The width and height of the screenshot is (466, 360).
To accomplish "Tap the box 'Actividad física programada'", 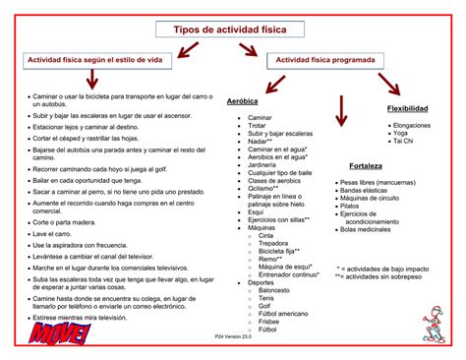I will pos(324,60).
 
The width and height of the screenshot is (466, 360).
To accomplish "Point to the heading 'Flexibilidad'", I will pos(407,108).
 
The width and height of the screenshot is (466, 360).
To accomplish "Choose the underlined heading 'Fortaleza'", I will pos(366,165).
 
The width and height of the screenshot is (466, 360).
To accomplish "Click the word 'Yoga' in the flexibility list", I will pos(400,134).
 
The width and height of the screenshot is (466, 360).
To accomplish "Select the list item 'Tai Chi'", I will pos(403,142).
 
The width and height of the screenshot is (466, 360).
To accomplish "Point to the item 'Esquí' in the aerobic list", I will pos(256,211).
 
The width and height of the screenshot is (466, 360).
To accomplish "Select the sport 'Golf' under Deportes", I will pos(266,306).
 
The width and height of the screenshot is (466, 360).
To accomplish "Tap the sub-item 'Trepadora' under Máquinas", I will pos(276,243).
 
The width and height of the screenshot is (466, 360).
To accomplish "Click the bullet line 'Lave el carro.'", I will pos(54,234).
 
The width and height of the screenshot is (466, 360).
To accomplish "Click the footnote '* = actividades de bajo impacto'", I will pos(381,269).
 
